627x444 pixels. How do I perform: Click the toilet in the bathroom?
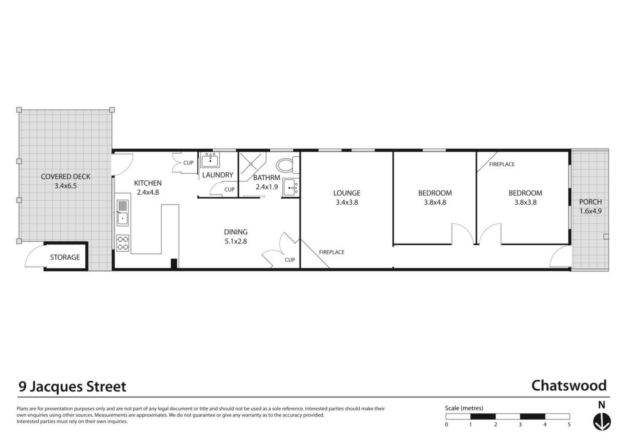pos(288,165)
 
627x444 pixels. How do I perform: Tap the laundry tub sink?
pos(210,160)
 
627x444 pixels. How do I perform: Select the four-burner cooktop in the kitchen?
pos(122,243)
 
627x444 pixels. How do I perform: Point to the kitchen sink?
pos(122,213)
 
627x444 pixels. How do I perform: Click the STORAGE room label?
pos(65,258)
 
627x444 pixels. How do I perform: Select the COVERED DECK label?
pos(65,177)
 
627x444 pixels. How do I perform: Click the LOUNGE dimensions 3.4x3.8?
pos(347,203)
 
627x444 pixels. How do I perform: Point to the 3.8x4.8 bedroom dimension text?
pos(435,203)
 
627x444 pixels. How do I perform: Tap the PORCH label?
pos(590,202)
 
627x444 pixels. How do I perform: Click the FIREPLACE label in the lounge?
pos(332,252)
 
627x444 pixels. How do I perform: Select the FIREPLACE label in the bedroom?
pos(502,164)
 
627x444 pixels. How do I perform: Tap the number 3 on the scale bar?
pos(520,425)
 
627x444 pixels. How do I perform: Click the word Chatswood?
pos(569,386)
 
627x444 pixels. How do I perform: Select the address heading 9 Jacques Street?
pos(72,386)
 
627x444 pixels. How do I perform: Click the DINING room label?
pos(236,232)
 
